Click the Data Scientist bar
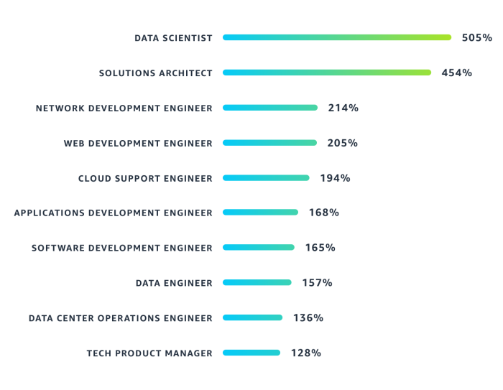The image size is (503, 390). point(337,37)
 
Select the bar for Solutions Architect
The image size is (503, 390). point(327,73)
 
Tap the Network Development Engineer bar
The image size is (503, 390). point(270,108)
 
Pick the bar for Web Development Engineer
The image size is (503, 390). point(269,143)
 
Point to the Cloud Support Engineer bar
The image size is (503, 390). point(266,177)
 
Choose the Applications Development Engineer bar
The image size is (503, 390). point(260,213)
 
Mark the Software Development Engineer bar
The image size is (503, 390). point(259,247)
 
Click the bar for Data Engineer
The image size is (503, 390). point(257,282)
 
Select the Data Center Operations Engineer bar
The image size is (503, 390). point(252,317)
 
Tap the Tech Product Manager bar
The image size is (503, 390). point(251,353)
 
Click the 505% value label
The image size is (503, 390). point(477,37)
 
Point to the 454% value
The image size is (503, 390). point(457,73)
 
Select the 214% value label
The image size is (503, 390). point(343,108)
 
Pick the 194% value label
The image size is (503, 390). point(335,177)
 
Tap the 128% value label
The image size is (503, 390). point(306,353)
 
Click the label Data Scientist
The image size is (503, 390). point(173,38)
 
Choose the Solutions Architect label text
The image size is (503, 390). point(155,73)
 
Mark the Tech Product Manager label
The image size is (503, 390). point(149,353)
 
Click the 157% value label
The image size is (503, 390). point(317,282)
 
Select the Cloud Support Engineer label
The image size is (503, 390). point(145,178)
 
